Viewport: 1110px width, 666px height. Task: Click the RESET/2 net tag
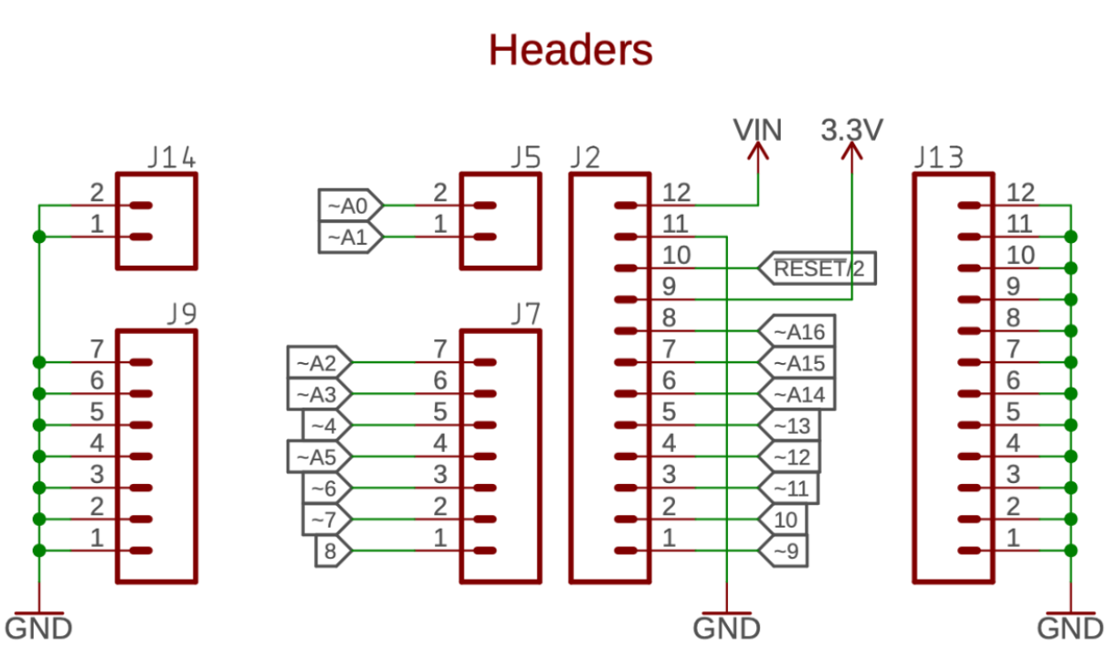tap(816, 268)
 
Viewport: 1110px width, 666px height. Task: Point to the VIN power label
tap(757, 130)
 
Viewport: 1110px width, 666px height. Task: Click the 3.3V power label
tap(851, 130)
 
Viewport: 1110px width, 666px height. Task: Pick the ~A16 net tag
tap(796, 332)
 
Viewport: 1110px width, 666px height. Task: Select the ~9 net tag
tap(783, 550)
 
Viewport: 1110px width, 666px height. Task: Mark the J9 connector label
tap(182, 315)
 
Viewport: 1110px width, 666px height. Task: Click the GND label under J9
tap(38, 628)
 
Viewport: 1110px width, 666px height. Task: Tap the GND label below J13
tap(1070, 628)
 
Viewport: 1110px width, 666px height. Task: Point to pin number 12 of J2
tap(677, 193)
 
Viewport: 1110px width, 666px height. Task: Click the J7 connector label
tap(525, 315)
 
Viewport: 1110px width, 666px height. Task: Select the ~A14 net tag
tap(796, 394)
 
